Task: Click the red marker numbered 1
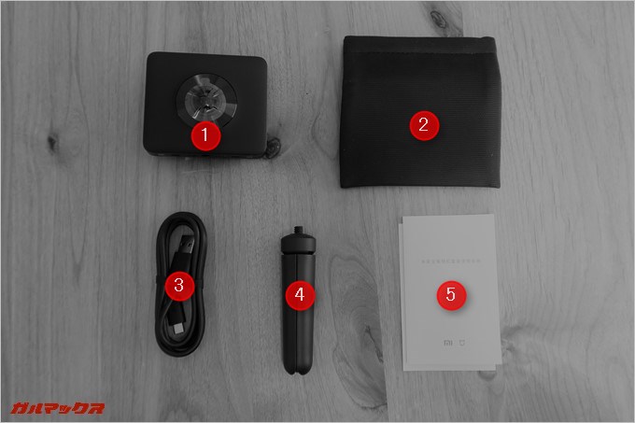click(x=205, y=135)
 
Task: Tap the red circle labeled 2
click(x=423, y=124)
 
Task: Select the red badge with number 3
click(x=179, y=285)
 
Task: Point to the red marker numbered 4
click(x=299, y=294)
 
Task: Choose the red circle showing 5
click(x=450, y=295)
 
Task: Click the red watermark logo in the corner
click(x=57, y=407)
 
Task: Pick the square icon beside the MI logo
click(x=462, y=343)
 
